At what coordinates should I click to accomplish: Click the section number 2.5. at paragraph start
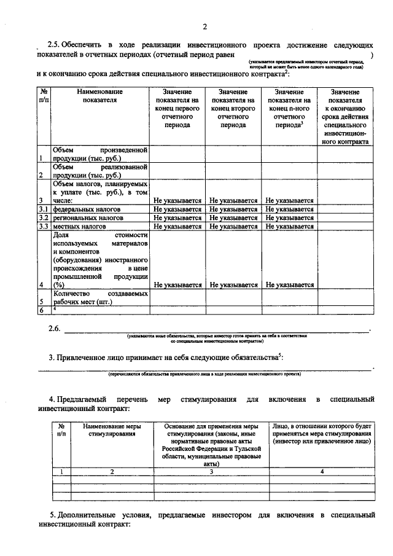pos(56,46)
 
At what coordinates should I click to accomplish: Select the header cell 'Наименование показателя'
pos(99,96)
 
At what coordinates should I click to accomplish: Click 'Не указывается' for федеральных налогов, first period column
pos(177,209)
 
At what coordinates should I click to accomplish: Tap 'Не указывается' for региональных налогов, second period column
pos(233,217)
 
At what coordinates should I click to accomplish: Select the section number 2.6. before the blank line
pos(56,329)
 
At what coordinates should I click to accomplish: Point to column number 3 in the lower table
pos(211,471)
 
